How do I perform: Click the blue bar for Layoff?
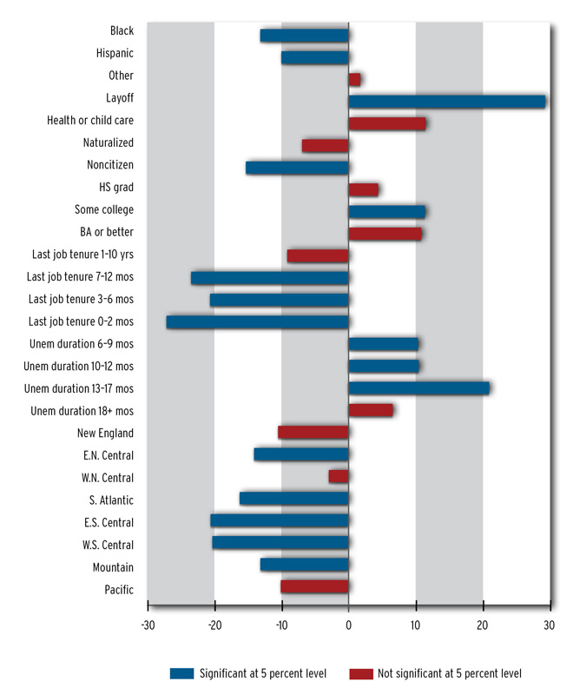click(x=446, y=102)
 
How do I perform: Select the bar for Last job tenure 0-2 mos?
click(x=257, y=322)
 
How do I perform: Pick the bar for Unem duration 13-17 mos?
click(x=418, y=388)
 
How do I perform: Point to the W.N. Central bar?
click(x=339, y=477)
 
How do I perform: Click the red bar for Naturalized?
click(x=325, y=146)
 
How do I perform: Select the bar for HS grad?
click(x=363, y=189)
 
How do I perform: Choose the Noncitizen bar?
click(x=297, y=168)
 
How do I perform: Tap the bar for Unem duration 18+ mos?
click(x=370, y=410)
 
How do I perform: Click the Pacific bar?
click(x=314, y=586)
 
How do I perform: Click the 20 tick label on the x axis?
click(x=483, y=625)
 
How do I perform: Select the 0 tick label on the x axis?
click(x=348, y=625)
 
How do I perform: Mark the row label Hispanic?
click(x=115, y=53)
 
